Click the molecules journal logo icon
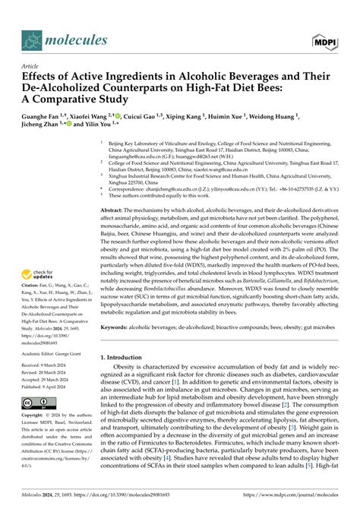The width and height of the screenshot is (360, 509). point(30,40)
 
